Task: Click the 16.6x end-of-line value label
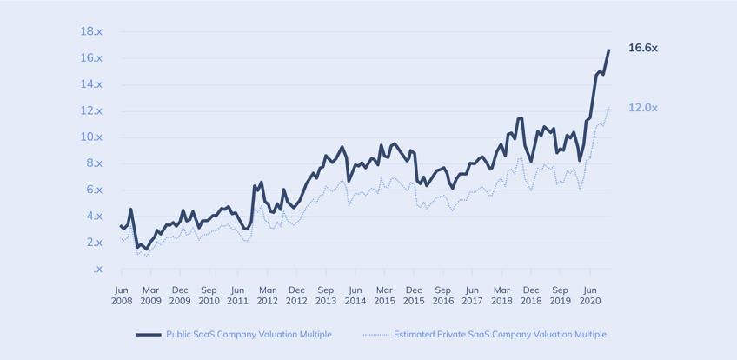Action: coord(642,48)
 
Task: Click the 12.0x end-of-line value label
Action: coord(642,108)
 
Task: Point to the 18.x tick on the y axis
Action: coord(91,31)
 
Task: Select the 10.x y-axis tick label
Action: coord(91,137)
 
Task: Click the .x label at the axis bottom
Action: coord(97,270)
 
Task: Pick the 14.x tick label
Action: coord(91,84)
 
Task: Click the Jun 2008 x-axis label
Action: coord(121,296)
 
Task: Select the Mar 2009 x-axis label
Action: coord(150,296)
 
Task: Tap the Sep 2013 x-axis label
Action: coord(325,296)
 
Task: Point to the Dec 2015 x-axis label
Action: coord(413,296)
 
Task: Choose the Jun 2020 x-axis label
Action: coord(589,296)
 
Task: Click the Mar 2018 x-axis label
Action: coord(501,296)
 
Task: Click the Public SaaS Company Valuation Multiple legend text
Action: coord(249,334)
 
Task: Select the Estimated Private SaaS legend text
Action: coord(500,334)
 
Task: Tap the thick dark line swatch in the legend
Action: coord(148,334)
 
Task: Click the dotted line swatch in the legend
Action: coord(375,334)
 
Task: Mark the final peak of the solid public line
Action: coord(608,50)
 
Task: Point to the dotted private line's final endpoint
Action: coord(608,108)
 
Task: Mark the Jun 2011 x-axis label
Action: coord(237,296)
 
